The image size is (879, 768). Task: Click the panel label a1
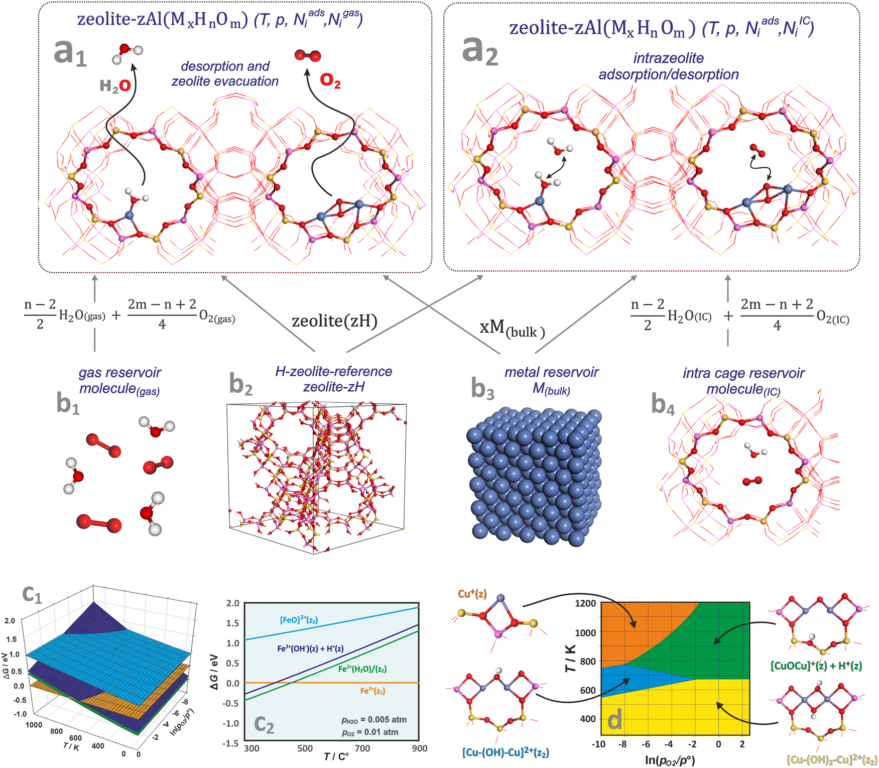click(70, 52)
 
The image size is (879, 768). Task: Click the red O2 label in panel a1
click(330, 80)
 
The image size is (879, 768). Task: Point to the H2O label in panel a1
click(115, 86)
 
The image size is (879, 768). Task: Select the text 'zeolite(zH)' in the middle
click(334, 320)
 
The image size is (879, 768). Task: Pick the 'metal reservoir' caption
click(551, 372)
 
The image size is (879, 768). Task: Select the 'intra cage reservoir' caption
click(743, 373)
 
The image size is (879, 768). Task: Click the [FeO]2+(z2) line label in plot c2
click(299, 620)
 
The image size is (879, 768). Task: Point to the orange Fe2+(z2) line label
click(372, 691)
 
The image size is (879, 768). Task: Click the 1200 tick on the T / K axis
click(585, 603)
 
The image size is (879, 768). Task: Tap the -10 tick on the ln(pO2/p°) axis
click(598, 744)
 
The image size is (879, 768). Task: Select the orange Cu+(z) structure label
click(472, 594)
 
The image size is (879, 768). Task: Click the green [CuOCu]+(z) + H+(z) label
click(816, 666)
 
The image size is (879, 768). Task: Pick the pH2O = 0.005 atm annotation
click(374, 720)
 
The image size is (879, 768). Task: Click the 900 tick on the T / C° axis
click(419, 748)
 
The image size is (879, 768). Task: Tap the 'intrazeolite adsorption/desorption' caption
click(668, 66)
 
